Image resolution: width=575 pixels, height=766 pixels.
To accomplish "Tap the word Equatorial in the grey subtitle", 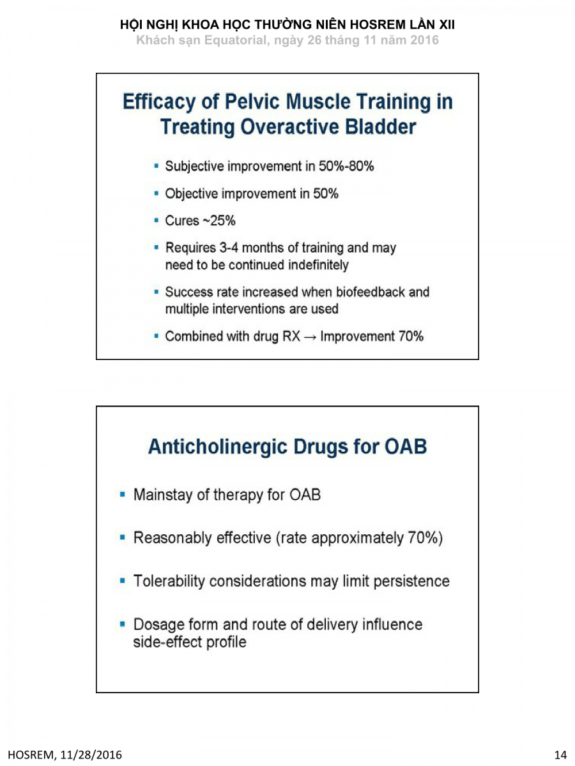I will pyautogui.click(x=229, y=40).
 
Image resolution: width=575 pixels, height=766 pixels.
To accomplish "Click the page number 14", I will pyautogui.click(x=560, y=755).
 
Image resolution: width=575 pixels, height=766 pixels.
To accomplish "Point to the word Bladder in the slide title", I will pyautogui.click(x=381, y=127).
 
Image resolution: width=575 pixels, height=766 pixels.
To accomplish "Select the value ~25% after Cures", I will pyautogui.click(x=219, y=221).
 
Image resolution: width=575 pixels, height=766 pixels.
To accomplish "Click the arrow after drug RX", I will pyautogui.click(x=310, y=336).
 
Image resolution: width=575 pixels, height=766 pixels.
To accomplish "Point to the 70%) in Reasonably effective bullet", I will pyautogui.click(x=425, y=538).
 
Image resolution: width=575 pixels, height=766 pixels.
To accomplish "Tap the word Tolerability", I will pyautogui.click(x=169, y=582).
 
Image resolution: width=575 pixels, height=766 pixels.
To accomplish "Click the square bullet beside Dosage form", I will pyautogui.click(x=123, y=623).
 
